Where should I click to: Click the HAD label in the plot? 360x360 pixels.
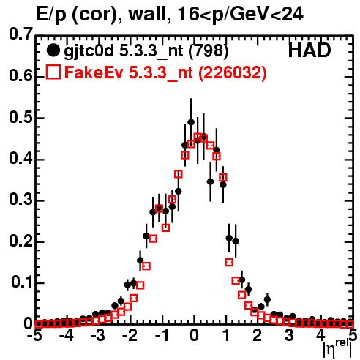tap(310, 50)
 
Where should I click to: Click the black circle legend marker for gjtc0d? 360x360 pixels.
tap(53, 50)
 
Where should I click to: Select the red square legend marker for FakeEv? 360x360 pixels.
tap(53, 72)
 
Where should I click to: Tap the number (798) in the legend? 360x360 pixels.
tap(209, 50)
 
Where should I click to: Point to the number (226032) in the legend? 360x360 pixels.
tap(233, 72)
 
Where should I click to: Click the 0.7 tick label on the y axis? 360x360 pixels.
tap(20, 34)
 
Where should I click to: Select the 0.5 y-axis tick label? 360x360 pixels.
tap(20, 118)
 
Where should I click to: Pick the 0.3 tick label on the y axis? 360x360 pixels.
tap(20, 200)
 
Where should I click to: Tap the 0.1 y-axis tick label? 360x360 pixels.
tap(22, 282)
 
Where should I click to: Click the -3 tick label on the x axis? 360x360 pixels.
tap(98, 335)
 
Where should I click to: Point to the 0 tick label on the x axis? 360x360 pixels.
tap(194, 335)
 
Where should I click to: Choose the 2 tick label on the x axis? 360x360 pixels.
tap(257, 335)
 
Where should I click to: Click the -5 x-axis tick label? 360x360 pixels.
tap(35, 335)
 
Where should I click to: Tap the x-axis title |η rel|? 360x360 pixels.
tap(337, 348)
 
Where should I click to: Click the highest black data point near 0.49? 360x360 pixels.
tap(191, 122)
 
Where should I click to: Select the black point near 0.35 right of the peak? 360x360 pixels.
tap(210, 181)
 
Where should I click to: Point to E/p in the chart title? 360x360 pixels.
tap(51, 15)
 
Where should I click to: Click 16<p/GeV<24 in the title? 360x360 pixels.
tap(240, 15)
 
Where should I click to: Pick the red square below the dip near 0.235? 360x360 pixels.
tap(166, 228)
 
